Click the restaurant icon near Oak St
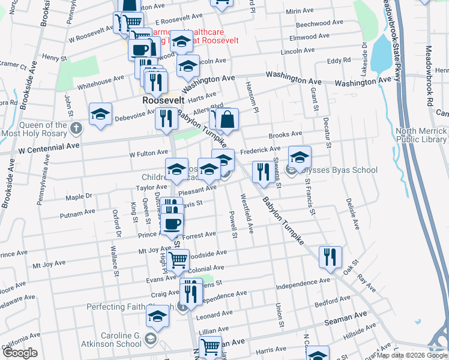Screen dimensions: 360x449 [x=330, y=257]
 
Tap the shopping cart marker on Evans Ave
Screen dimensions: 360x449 [x=178, y=260]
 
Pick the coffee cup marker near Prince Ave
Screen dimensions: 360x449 [x=172, y=224]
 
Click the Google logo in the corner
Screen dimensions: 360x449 [x=19, y=353]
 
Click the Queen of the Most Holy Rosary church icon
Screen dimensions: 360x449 [x=76, y=128]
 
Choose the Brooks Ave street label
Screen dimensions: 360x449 [x=285, y=135]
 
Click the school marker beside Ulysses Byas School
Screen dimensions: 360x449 [x=300, y=157]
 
